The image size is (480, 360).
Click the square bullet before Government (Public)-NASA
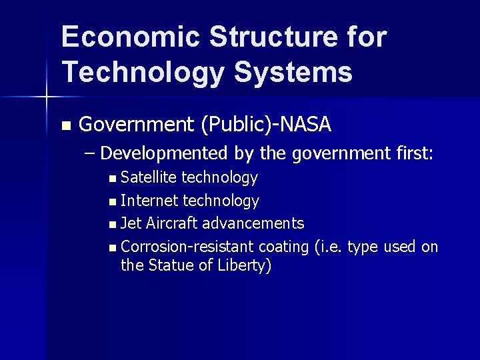pos(65,125)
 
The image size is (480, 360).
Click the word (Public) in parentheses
pos(233,125)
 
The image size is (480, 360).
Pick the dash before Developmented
pos(91,154)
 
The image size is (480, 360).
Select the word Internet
pos(149,200)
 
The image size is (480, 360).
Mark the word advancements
pos(253,223)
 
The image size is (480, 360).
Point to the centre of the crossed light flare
pos(46,98)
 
